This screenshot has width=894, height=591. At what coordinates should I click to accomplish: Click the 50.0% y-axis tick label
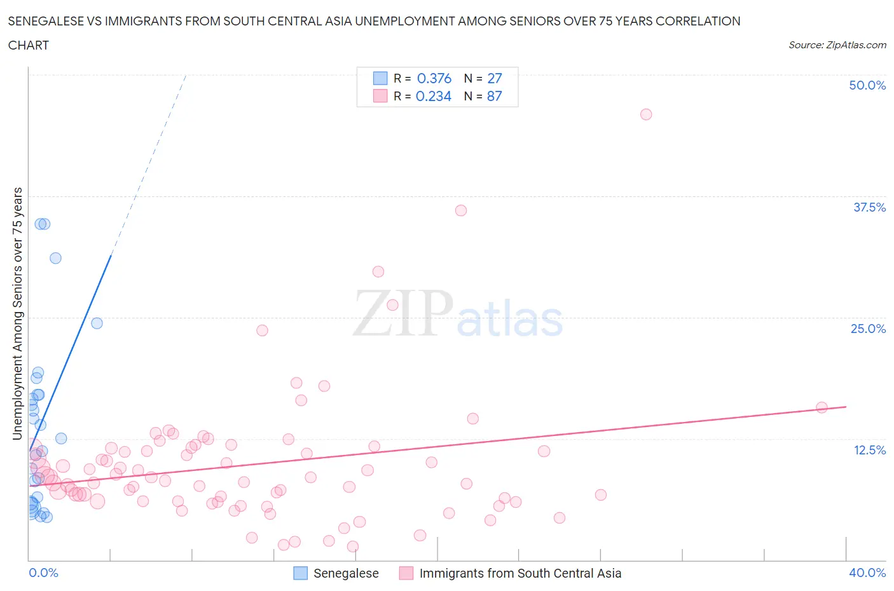coord(867,85)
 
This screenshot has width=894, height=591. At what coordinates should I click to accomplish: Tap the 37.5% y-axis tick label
coord(869,207)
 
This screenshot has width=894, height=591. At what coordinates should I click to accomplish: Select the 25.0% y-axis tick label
coord(868,329)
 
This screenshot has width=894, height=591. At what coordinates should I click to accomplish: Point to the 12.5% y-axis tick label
coord(869,450)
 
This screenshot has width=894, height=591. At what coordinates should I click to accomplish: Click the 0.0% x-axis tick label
coord(43,573)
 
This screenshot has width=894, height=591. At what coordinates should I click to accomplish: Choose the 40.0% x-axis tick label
coord(867,573)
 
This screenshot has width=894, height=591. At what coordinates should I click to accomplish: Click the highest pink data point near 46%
coord(646,114)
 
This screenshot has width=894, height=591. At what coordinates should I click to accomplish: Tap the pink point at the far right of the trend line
coord(822,407)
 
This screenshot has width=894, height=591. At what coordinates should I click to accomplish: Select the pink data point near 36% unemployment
coord(461,210)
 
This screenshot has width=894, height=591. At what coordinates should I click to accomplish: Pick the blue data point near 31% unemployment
coord(55,258)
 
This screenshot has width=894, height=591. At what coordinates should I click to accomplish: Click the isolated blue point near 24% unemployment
coord(97,323)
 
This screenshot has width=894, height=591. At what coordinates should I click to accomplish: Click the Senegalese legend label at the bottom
coord(346,573)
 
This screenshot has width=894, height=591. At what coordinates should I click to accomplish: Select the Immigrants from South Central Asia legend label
coord(520,573)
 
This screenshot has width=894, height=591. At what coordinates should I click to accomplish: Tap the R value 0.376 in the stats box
coord(434,78)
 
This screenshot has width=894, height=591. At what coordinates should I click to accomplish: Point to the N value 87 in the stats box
coord(494,96)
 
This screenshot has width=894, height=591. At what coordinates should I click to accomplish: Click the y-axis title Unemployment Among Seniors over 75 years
coord(18,313)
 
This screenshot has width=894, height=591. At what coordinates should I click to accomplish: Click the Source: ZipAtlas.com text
coord(837,45)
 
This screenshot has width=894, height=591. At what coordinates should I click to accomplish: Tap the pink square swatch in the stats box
coord(380,96)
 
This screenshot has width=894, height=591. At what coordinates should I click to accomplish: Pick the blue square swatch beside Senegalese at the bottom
coord(300,573)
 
